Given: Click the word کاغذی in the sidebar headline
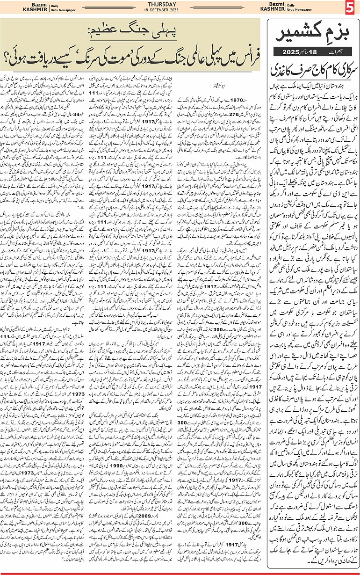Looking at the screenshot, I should click(x=285, y=71).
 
